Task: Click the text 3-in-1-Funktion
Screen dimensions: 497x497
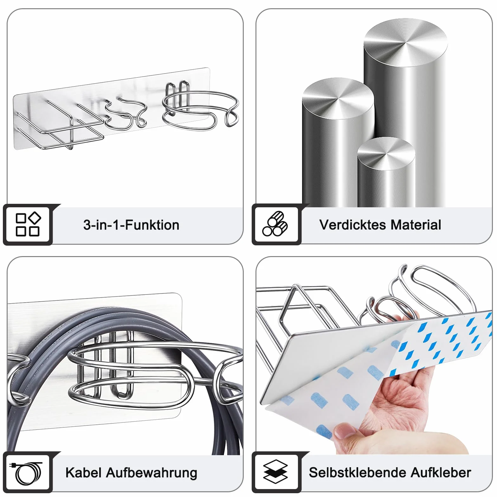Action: click(131, 225)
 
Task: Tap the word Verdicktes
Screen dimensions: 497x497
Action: click(352, 225)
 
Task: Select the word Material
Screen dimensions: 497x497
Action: click(416, 225)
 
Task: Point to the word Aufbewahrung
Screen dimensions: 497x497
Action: click(152, 473)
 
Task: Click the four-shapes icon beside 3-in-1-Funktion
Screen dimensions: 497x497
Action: click(28, 224)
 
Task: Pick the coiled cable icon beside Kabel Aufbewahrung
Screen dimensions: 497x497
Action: click(28, 473)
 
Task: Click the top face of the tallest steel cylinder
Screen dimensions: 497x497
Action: click(405, 43)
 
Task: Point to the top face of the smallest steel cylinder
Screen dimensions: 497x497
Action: click(386, 154)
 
